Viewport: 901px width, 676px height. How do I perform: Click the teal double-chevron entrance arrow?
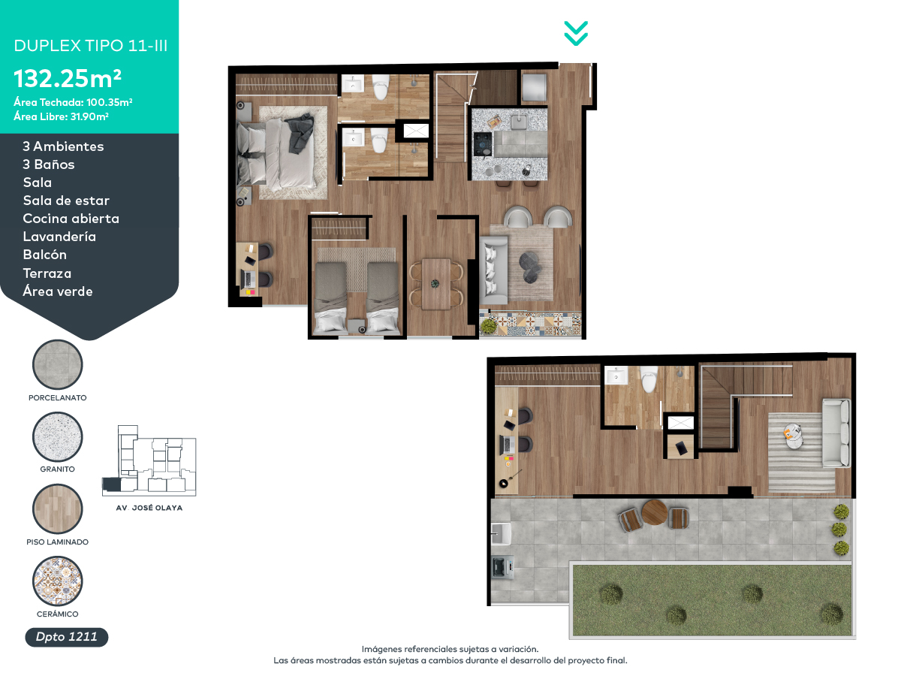[575, 33]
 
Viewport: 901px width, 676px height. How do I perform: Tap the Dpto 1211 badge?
[67, 637]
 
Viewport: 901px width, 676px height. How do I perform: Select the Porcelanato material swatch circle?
[58, 364]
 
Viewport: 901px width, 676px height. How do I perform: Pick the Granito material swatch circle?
[58, 436]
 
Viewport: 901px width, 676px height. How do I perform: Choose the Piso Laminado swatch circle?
[58, 509]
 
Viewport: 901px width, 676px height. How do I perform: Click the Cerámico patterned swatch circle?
[58, 581]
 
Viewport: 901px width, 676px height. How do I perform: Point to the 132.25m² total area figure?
[68, 78]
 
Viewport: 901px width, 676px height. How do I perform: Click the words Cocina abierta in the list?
[71, 219]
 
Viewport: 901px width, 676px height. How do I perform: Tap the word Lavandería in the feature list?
[59, 237]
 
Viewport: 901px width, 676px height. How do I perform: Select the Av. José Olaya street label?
[149, 508]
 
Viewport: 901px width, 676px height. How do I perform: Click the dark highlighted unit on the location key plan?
[111, 484]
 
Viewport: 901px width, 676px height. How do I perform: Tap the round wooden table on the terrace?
[655, 512]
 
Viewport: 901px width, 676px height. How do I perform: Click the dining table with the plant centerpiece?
[435, 284]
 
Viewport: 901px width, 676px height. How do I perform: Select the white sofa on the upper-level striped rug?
[836, 433]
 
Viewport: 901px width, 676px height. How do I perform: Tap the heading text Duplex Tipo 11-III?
[91, 46]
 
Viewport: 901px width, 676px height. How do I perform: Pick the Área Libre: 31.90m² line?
[61, 116]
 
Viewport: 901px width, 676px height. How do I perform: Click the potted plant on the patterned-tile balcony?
[489, 326]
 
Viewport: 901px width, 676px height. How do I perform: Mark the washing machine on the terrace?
[502, 567]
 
